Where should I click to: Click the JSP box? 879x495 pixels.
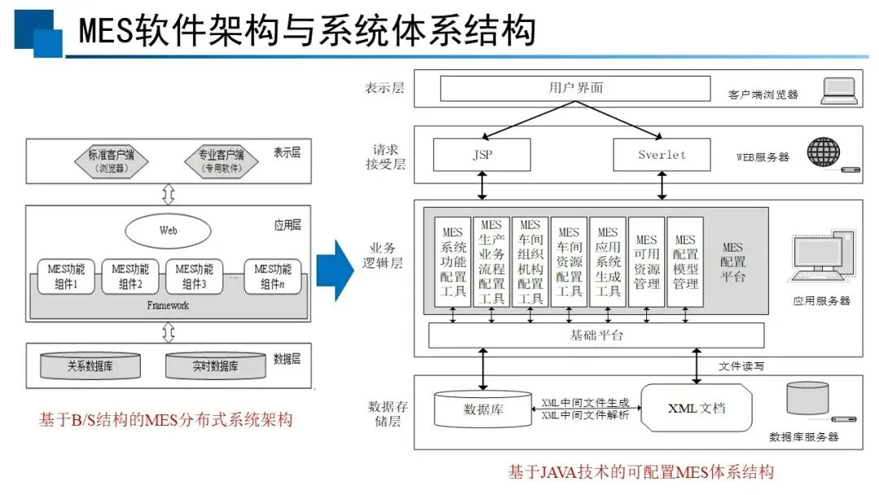click(482, 155)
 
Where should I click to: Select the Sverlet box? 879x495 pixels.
click(662, 155)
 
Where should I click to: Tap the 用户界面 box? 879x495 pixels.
click(575, 88)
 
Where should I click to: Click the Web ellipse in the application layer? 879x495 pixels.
click(168, 230)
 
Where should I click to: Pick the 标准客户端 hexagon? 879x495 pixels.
click(111, 161)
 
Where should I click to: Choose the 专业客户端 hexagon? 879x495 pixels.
click(221, 161)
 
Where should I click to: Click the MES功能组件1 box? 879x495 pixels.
click(66, 276)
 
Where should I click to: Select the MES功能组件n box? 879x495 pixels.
click(273, 276)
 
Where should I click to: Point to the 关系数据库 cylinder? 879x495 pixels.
click(90, 366)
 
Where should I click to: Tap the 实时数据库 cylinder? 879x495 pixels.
click(215, 366)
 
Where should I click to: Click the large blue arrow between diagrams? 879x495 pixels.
click(335, 270)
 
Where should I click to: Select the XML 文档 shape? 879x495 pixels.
click(696, 408)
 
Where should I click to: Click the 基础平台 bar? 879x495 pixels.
click(597, 335)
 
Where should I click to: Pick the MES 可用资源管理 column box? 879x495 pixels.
click(646, 262)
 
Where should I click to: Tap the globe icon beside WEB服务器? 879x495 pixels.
click(824, 152)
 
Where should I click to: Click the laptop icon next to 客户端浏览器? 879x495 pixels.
click(839, 91)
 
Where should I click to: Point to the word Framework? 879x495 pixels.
click(168, 305)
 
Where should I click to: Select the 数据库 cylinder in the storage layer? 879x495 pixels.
click(483, 410)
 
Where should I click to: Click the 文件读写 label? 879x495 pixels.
click(741, 366)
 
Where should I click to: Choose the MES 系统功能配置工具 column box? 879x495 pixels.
click(453, 262)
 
